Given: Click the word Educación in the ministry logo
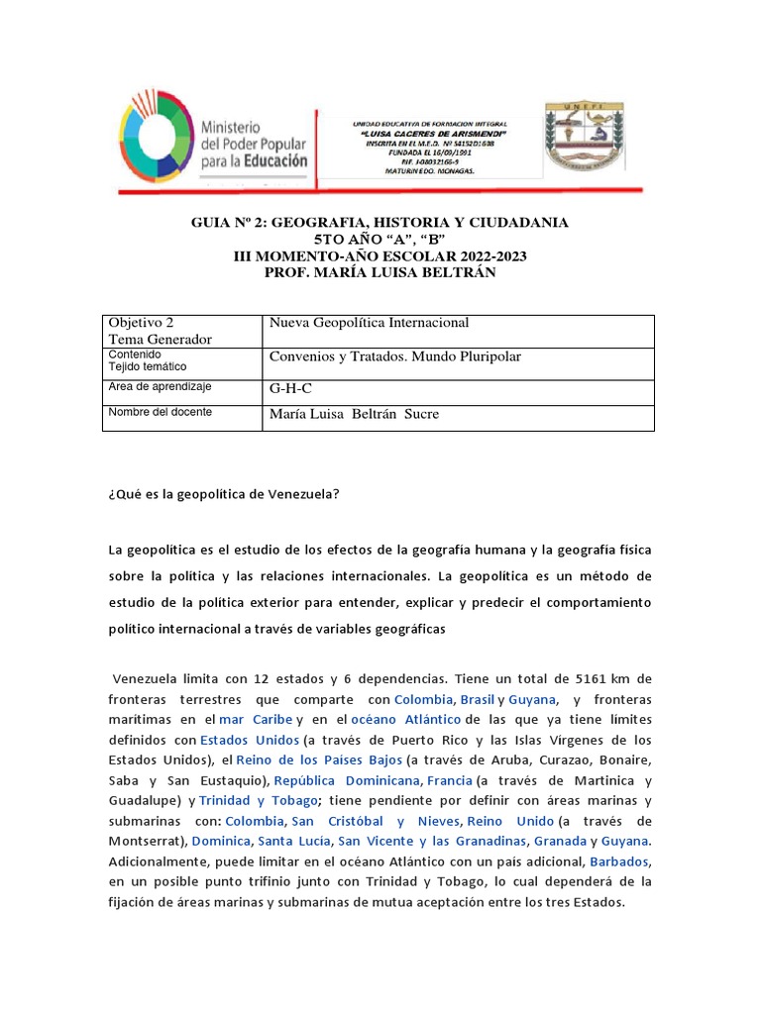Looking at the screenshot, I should click(261, 158).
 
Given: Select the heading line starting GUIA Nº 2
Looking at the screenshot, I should click(380, 223).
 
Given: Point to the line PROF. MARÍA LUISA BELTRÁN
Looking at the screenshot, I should click(380, 272).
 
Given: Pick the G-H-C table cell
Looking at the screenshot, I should click(290, 389).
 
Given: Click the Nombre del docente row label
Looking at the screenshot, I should click(160, 412).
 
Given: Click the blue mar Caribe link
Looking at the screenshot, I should click(256, 719).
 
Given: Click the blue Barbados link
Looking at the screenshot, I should click(621, 862).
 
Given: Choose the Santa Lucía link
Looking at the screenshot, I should click(294, 841).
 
